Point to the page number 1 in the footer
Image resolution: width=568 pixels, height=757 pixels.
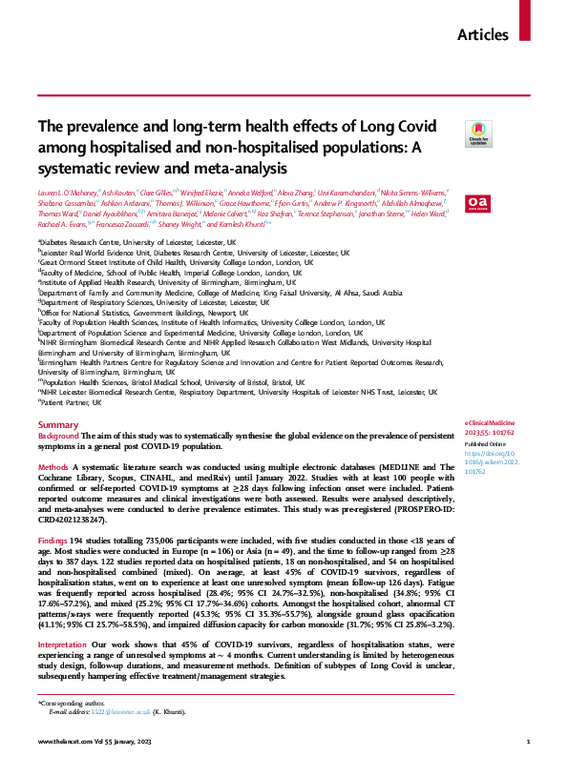pyautogui.click(x=529, y=741)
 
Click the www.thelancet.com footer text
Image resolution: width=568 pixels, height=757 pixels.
pyautogui.click(x=64, y=741)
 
